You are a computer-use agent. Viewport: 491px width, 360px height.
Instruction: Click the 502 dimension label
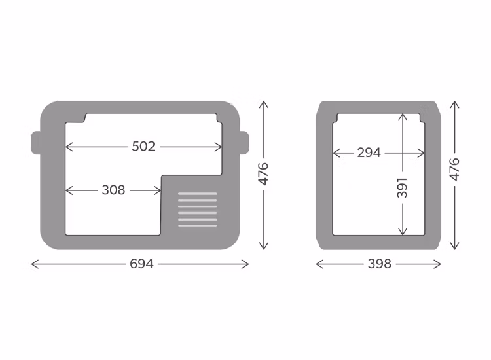143,147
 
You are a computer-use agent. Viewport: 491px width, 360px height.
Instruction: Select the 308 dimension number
113,190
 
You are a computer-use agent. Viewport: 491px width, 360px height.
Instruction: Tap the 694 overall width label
141,264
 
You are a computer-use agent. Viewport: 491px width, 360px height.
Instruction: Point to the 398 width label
380,264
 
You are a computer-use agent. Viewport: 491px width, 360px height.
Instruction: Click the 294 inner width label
369,153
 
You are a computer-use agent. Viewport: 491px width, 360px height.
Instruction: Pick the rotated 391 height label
403,188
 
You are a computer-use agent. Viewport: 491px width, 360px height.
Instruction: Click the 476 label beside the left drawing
264,173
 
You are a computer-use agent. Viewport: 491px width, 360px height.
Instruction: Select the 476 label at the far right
454,170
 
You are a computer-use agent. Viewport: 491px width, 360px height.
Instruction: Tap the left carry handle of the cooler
36,143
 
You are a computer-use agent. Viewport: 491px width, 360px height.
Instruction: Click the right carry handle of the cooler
244,143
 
